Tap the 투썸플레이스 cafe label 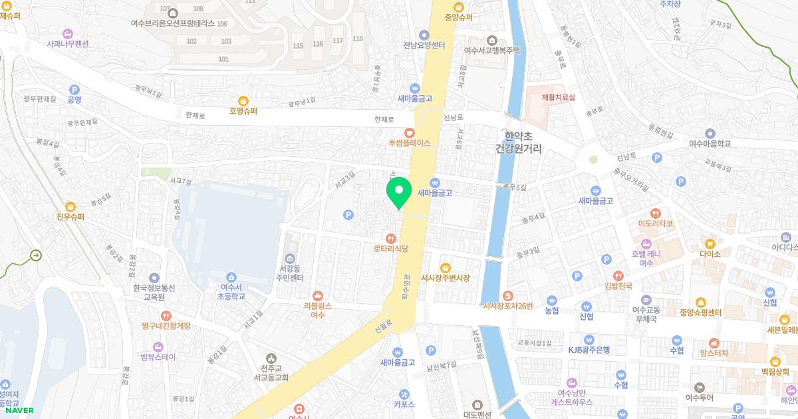410,142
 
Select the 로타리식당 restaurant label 390,248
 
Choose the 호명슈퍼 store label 243,111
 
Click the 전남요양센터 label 424,45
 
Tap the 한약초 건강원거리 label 519,142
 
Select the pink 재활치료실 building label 558,97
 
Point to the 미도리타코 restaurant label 656,223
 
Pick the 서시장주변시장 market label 445,277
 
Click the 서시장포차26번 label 508,305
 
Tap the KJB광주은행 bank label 589,350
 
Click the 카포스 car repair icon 404,392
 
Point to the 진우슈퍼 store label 72,216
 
